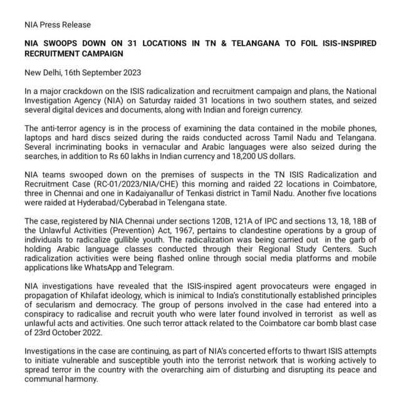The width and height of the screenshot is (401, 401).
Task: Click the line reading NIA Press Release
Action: coord(57,25)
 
